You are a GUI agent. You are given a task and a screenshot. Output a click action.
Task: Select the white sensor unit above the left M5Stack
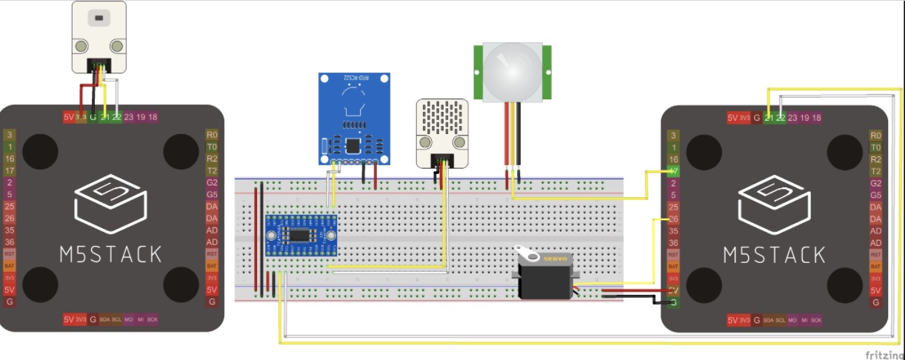[x=99, y=37]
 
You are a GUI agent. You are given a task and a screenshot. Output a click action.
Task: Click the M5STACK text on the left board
[x=111, y=255]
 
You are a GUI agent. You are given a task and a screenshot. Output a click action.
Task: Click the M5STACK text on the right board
[x=774, y=255]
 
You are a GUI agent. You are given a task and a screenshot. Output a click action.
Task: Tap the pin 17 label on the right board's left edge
[x=673, y=171]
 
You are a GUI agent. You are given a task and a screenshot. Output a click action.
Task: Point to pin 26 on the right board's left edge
[x=673, y=219]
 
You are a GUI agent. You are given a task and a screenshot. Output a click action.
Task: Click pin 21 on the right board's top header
[x=769, y=117]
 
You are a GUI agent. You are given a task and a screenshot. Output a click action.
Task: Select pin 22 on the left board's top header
[x=117, y=117]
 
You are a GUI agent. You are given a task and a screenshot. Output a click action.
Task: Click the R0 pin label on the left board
[x=212, y=136]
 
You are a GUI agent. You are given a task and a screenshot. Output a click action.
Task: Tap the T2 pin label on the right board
[x=875, y=171]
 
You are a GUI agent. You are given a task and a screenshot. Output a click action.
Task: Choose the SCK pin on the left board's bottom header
[x=153, y=320]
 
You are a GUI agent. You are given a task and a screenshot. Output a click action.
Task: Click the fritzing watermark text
[x=884, y=355]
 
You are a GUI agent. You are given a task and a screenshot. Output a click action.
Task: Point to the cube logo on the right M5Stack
[x=773, y=204]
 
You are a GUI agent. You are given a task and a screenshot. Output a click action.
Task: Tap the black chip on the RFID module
[x=353, y=146]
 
